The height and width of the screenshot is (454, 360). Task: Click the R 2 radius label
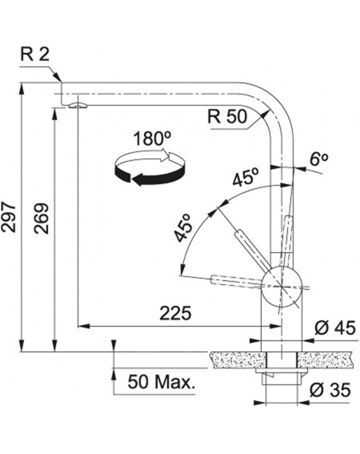[35, 54]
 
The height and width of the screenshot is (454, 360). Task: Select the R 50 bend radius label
[228, 116]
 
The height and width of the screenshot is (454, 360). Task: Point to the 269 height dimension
[42, 219]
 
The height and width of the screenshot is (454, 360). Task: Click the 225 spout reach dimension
[176, 313]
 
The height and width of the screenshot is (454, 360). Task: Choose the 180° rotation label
[152, 139]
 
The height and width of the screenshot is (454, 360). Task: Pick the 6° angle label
[318, 159]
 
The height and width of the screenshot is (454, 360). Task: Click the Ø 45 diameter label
[334, 328]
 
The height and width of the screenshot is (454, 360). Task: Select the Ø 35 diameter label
[330, 389]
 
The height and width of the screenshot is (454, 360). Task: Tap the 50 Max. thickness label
[162, 382]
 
